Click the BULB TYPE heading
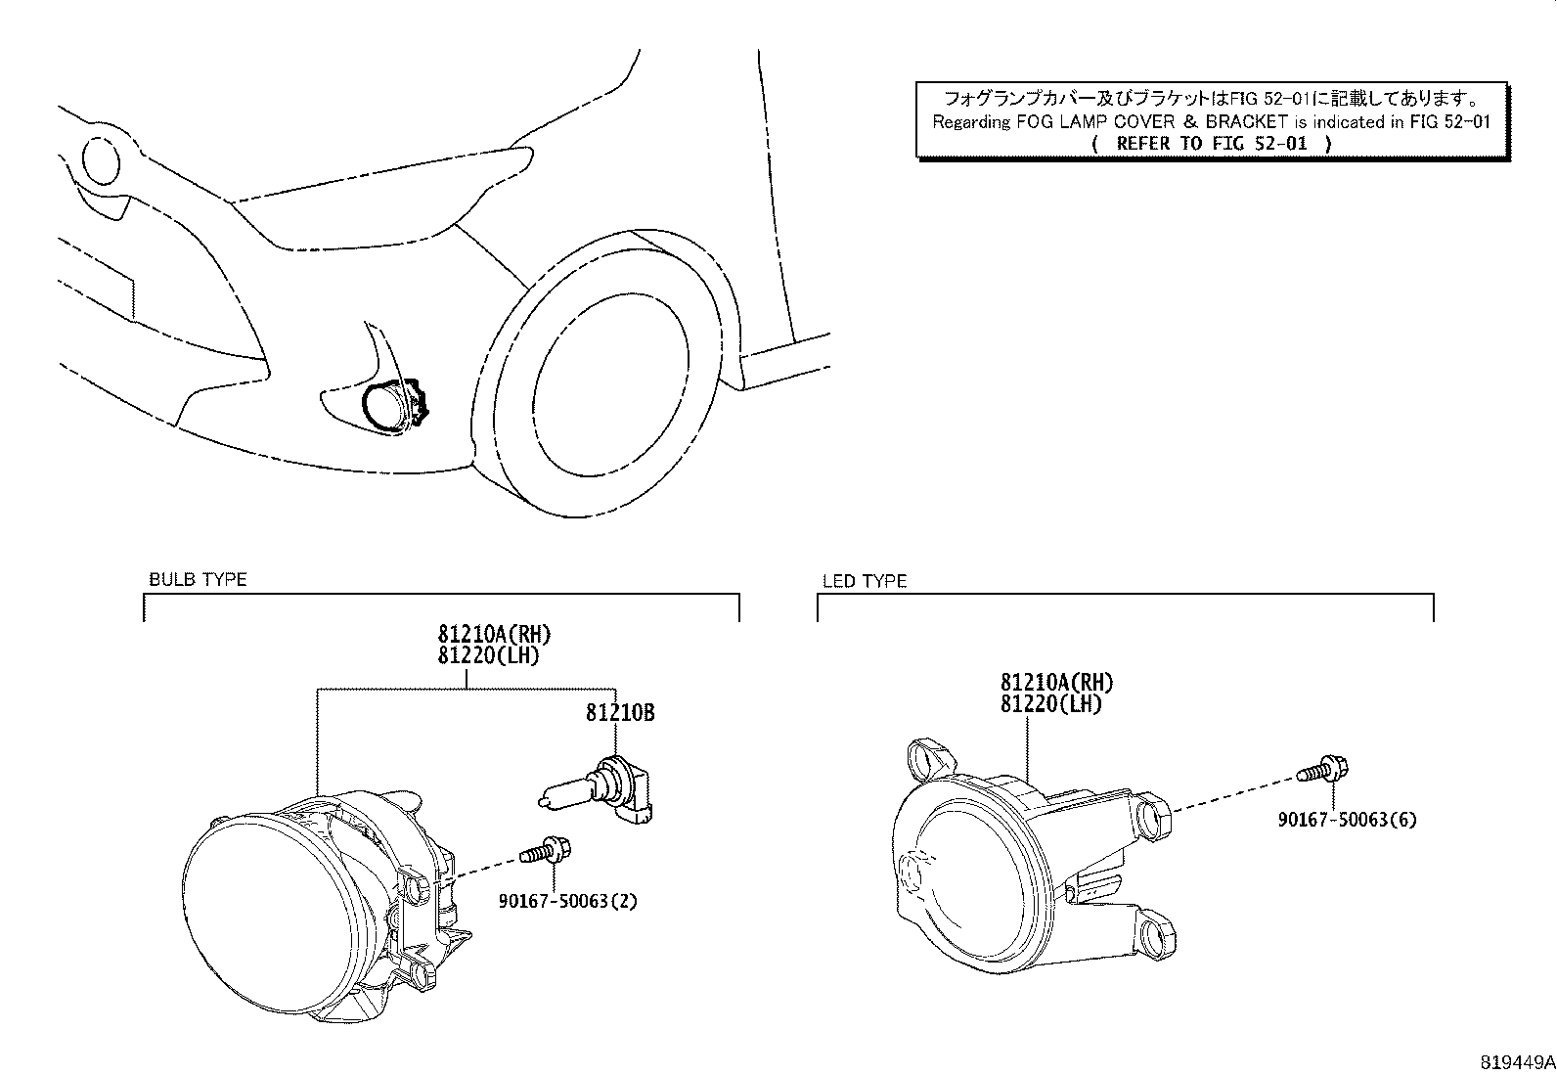coord(197,579)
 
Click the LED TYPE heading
coord(864,581)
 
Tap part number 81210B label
coord(620,713)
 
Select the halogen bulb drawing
coord(599,788)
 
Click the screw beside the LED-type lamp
coord(1323,769)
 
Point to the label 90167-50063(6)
coord(1346,820)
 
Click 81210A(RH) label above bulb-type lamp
coord(486,635)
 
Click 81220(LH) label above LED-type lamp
coord(1050,703)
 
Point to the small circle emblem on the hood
coord(100,160)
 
